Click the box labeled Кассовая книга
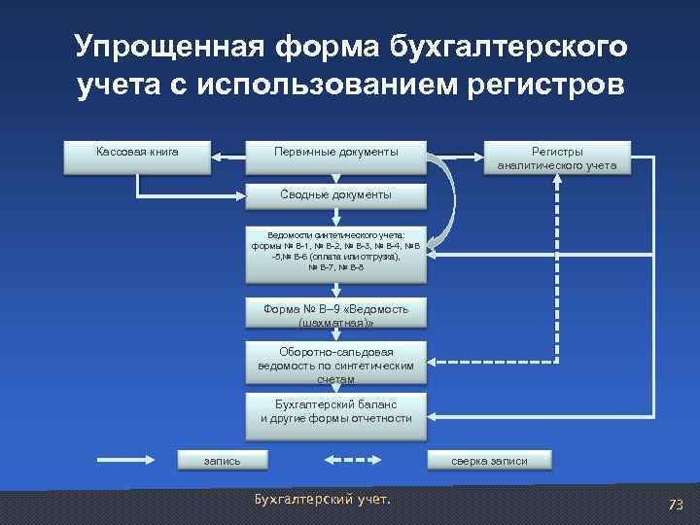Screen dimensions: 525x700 pyautogui.click(x=137, y=157)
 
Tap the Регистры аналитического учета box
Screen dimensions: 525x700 pyautogui.click(x=557, y=158)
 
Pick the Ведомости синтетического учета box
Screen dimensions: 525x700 pyautogui.click(x=335, y=253)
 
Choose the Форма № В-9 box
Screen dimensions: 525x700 pyautogui.click(x=335, y=313)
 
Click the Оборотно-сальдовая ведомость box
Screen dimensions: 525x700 pyautogui.click(x=335, y=364)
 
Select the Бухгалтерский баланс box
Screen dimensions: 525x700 pyautogui.click(x=335, y=411)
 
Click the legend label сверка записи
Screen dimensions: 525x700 pyautogui.click(x=489, y=460)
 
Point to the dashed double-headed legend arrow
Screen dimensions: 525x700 pyautogui.click(x=352, y=460)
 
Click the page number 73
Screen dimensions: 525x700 pyautogui.click(x=675, y=504)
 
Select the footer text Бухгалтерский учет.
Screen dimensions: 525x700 pyautogui.click(x=321, y=499)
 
